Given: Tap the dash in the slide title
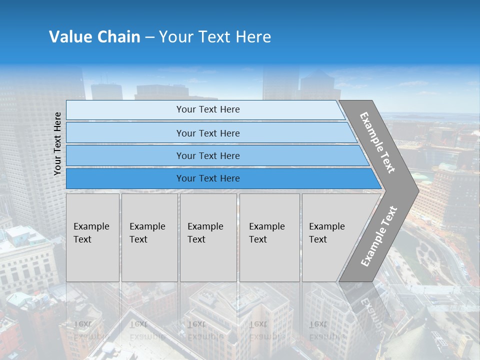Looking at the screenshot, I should pyautogui.click(x=149, y=37).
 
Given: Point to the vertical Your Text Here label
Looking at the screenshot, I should pyautogui.click(x=57, y=143).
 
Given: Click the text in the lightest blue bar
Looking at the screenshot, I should pyautogui.click(x=208, y=109).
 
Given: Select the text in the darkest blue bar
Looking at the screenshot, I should pyautogui.click(x=208, y=178).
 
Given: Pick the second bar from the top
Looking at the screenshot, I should pyautogui.click(x=208, y=133).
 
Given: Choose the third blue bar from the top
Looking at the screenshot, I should pyautogui.click(x=208, y=156).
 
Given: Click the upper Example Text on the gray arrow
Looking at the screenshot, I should pyautogui.click(x=377, y=142).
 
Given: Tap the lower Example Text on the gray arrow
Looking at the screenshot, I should pyautogui.click(x=378, y=236).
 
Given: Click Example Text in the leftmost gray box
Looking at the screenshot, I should pyautogui.click(x=91, y=233).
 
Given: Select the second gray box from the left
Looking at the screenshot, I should pyautogui.click(x=149, y=237).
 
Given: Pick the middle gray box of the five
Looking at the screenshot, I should pyautogui.click(x=208, y=237).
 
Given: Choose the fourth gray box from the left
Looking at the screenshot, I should pyautogui.click(x=269, y=237).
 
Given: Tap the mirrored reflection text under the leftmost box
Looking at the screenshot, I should pyautogui.click(x=91, y=330).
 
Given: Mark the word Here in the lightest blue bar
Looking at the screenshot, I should pyautogui.click(x=230, y=109).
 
